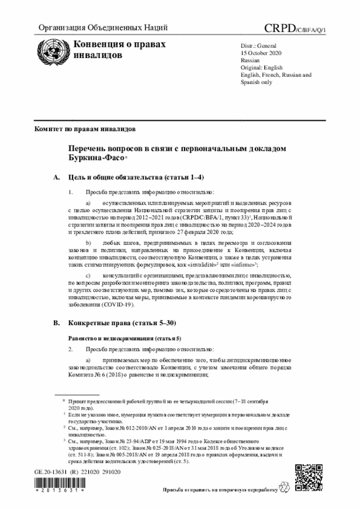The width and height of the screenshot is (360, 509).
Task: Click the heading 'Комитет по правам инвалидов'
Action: point(85,129)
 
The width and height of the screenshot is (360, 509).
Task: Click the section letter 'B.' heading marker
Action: point(56,324)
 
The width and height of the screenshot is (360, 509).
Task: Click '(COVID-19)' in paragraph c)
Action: point(118,304)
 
